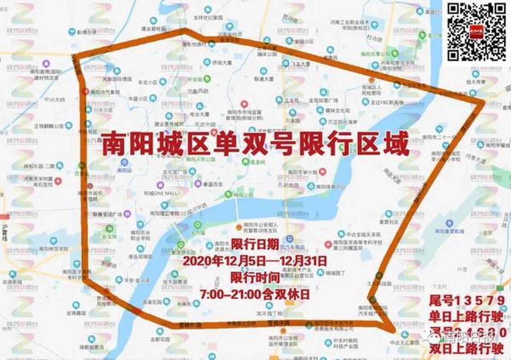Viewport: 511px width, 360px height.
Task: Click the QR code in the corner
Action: click(x=476, y=31)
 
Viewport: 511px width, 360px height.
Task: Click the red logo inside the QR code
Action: click(x=476, y=31)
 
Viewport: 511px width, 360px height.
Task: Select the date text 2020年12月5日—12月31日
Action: click(x=254, y=261)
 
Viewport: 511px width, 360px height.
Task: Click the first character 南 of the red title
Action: click(x=112, y=144)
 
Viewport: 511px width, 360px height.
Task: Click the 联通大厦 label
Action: click(x=263, y=79)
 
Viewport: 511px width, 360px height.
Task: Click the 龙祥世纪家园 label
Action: click(x=208, y=18)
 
